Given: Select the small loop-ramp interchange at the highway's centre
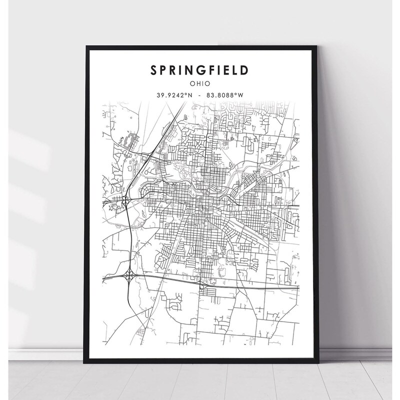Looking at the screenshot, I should click(202, 285).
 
